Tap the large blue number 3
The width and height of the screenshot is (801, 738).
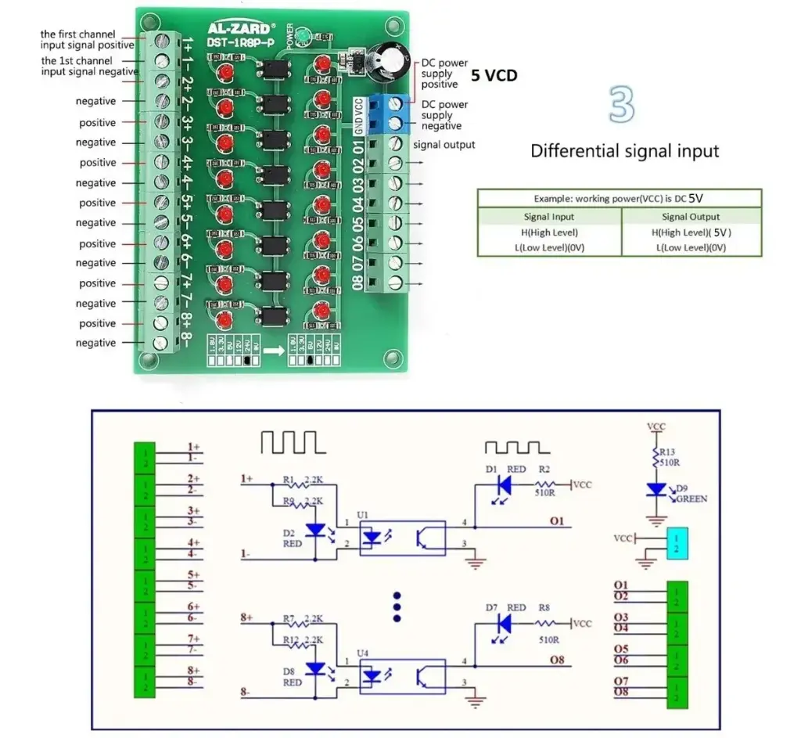622,104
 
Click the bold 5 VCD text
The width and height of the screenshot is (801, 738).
494,75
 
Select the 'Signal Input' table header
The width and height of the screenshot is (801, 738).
548,217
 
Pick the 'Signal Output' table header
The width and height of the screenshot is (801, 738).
691,217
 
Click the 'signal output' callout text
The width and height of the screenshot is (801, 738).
444,145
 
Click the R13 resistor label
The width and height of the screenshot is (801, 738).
666,452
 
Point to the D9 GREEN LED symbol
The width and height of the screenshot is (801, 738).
656,489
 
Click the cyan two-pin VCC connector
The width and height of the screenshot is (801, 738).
676,543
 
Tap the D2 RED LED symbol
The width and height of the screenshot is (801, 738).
315,530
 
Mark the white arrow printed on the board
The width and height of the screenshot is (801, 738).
273,351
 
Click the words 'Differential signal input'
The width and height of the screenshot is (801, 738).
624,151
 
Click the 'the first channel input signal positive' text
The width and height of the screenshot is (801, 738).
88,40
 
